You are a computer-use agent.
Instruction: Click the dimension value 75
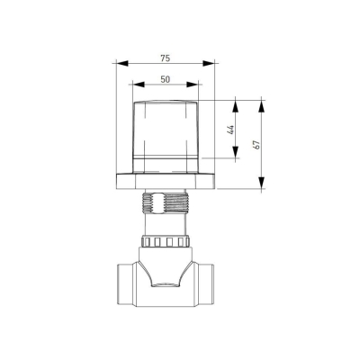tap(165, 58)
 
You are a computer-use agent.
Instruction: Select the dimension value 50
tap(166, 79)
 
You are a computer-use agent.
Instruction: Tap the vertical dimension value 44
tap(230, 130)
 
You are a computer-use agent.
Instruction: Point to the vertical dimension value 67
tap(256, 145)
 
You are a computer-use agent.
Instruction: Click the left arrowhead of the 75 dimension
tap(121, 63)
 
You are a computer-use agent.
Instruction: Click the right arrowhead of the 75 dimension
tap(209, 63)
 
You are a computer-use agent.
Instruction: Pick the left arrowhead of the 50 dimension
tap(139, 85)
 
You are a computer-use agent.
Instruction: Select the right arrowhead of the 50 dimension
tap(193, 85)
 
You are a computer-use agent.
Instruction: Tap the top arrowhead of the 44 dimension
tap(236, 106)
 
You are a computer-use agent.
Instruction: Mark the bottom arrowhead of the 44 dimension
tap(236, 152)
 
